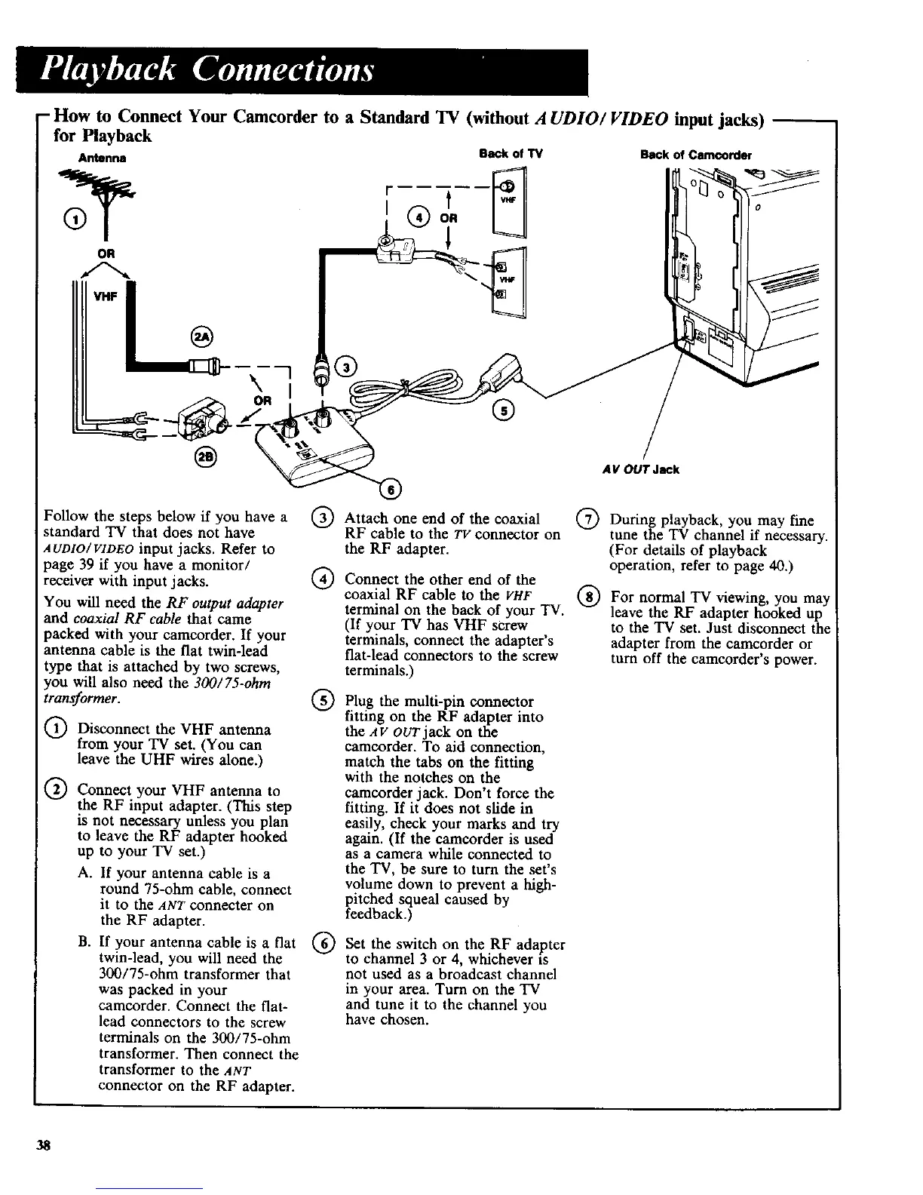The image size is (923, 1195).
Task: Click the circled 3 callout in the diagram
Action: point(348,367)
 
